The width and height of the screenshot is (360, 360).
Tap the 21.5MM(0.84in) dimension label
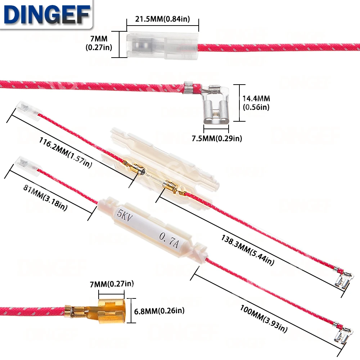(x=163, y=19)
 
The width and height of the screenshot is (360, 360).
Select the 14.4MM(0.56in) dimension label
(x=256, y=103)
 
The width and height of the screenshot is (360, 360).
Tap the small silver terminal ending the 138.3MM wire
(x=341, y=280)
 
